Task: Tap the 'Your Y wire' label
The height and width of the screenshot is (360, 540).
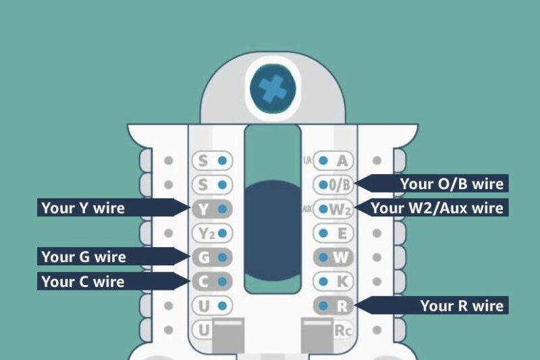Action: [x=83, y=208]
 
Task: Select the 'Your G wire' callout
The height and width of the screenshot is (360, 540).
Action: [x=83, y=257]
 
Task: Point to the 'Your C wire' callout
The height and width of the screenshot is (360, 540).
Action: [x=83, y=281]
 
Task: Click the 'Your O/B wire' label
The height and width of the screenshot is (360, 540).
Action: [x=452, y=184]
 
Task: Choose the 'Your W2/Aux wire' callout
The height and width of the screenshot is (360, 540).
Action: [x=437, y=208]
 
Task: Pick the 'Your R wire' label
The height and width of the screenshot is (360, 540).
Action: [x=462, y=305]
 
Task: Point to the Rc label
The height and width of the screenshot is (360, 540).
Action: [x=342, y=331]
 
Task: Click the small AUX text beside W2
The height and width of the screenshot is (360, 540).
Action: [x=307, y=209]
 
